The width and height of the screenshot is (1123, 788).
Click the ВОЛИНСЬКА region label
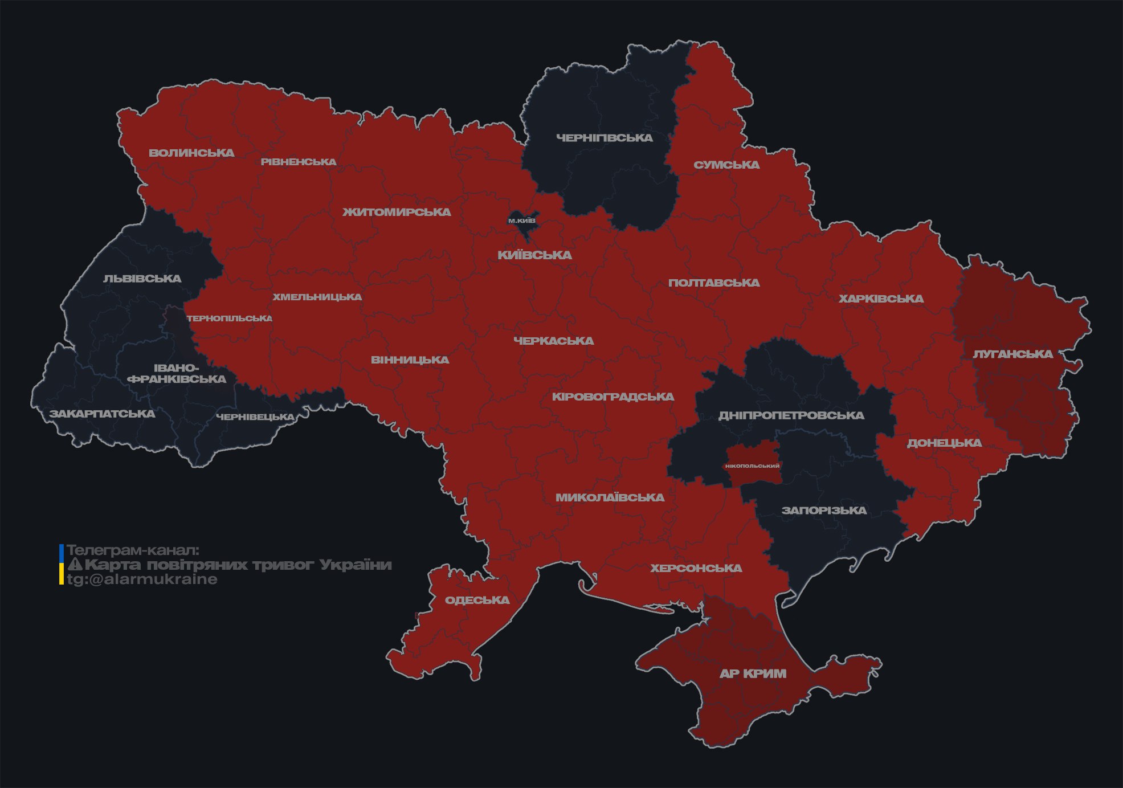click(x=191, y=153)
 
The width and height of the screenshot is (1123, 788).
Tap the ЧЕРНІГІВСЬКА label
click(x=604, y=138)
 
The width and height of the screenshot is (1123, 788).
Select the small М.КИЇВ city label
click(x=522, y=221)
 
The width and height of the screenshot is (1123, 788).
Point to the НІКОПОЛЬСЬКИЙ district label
click(x=752, y=466)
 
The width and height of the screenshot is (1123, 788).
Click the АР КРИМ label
click(x=753, y=673)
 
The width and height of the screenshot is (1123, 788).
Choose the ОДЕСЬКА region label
click(x=477, y=600)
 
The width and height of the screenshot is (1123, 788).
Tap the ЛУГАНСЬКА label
click(x=1012, y=354)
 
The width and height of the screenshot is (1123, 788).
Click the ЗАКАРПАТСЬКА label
click(x=102, y=414)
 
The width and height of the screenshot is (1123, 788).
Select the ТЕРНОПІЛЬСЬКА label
click(x=230, y=318)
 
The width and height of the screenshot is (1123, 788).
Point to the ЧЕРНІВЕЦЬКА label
click(x=255, y=417)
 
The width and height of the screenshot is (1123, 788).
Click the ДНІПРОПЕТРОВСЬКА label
click(x=791, y=415)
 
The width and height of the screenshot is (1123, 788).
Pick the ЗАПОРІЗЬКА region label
click(x=824, y=510)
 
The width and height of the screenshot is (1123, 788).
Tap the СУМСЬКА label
click(x=726, y=165)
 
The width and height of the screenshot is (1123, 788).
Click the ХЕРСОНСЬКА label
click(x=696, y=568)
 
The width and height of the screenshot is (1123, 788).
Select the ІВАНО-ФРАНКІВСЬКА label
click(x=177, y=374)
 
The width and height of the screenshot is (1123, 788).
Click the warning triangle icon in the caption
click(x=75, y=565)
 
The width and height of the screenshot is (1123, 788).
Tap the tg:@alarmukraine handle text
click(x=142, y=579)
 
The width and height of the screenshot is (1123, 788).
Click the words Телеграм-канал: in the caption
click(x=133, y=550)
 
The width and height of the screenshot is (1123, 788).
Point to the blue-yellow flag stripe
click(x=62, y=565)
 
